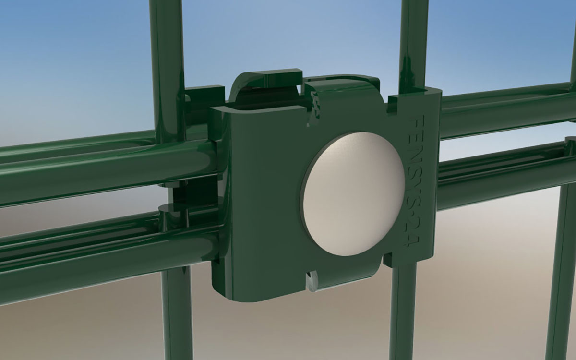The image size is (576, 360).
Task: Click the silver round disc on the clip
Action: click(x=354, y=194)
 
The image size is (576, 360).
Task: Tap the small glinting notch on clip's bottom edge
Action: click(x=312, y=282)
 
